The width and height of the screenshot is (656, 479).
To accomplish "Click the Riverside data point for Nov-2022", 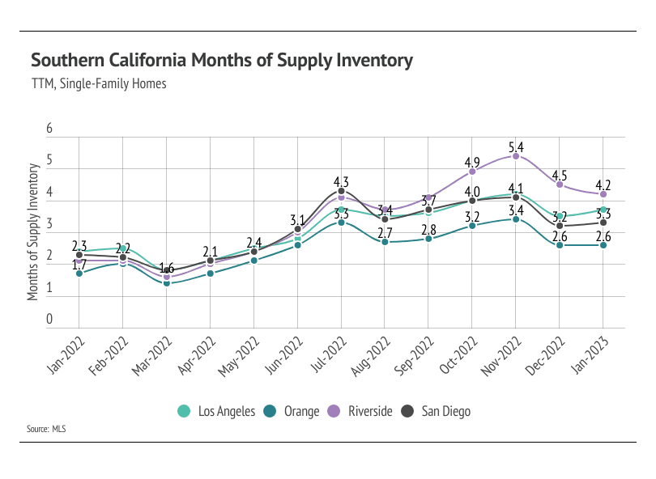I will click(516, 155).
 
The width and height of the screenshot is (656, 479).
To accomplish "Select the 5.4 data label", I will click(516, 147).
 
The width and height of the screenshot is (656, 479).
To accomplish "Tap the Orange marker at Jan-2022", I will click(79, 273).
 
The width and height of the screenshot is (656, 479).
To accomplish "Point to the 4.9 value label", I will click(472, 163).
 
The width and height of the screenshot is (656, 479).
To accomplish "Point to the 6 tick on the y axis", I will click(49, 129).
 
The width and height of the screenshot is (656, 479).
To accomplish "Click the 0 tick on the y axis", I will click(49, 320).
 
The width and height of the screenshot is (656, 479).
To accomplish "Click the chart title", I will click(222, 61).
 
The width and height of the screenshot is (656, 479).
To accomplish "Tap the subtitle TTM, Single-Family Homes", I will click(98, 83).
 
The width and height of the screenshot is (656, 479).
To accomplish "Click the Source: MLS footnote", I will click(46, 429).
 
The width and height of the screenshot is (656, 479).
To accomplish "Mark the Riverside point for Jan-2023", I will click(603, 194).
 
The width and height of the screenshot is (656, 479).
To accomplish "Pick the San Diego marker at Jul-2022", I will click(341, 191).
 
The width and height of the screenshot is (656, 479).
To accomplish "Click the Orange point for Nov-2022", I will click(516, 219).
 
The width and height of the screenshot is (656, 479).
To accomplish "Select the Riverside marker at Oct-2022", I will click(472, 172).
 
